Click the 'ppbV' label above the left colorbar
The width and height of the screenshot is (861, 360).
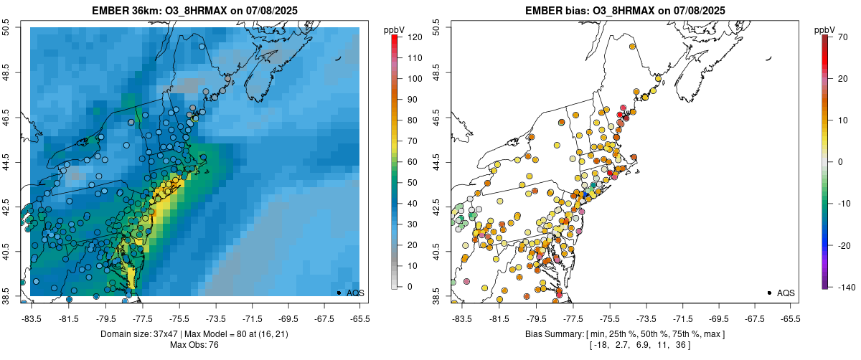tap(394, 30)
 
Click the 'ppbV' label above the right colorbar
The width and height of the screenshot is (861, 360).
tap(824, 30)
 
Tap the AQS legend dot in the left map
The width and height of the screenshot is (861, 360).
tap(339, 293)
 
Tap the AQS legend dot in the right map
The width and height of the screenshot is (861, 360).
tap(769, 293)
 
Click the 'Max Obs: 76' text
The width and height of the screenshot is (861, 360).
tap(194, 345)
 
